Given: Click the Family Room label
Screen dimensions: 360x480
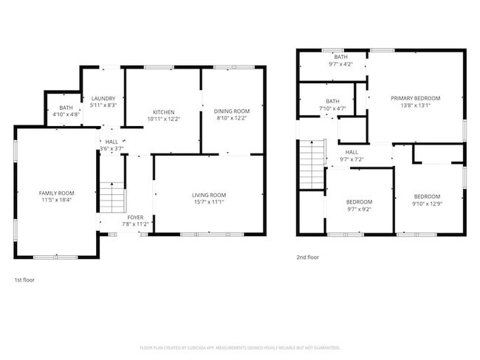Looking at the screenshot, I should pyautogui.click(x=57, y=193).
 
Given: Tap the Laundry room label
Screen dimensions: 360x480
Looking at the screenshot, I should pyautogui.click(x=103, y=98).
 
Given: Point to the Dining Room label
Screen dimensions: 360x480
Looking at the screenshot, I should pyautogui.click(x=232, y=111).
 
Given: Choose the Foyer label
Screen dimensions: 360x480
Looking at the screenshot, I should pyautogui.click(x=135, y=218).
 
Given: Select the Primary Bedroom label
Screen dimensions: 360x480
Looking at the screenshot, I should pyautogui.click(x=415, y=98).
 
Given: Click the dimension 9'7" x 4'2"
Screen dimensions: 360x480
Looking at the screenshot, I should pyautogui.click(x=340, y=64).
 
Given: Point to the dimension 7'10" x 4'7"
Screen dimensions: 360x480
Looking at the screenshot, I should pyautogui.click(x=332, y=109).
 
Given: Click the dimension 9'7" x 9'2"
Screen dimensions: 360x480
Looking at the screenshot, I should pyautogui.click(x=359, y=209).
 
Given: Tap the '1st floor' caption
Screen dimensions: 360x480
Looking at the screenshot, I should pyautogui.click(x=24, y=280).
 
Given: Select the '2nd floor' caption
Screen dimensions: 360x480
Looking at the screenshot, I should pyautogui.click(x=308, y=257).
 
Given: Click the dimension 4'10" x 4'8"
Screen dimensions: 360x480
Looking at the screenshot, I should pyautogui.click(x=66, y=114).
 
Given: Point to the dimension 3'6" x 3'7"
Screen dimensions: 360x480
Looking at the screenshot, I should pyautogui.click(x=112, y=148).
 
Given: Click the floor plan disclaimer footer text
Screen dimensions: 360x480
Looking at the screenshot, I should pyautogui.click(x=239, y=347).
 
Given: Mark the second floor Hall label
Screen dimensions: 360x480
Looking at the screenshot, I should pyautogui.click(x=352, y=153).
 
